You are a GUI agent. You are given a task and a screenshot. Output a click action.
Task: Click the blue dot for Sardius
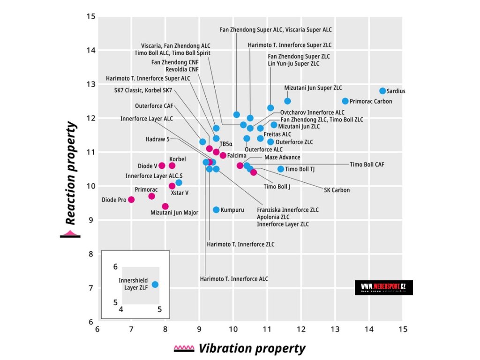(382, 91)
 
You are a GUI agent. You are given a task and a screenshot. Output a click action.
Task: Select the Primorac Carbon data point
(345, 101)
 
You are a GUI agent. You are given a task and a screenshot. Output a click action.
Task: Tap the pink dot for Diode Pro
(131, 200)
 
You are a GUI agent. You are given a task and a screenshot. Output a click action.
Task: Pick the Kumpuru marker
(216, 210)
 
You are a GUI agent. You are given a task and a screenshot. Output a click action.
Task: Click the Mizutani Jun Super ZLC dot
(287, 101)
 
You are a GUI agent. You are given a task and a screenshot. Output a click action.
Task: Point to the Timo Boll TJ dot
(281, 169)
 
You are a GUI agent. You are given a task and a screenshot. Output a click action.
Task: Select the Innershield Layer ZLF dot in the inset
(155, 285)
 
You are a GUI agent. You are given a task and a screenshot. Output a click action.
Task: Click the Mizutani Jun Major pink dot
(165, 206)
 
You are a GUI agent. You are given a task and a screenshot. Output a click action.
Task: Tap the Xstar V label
(180, 193)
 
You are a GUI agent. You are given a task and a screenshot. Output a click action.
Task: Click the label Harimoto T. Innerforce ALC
(234, 279)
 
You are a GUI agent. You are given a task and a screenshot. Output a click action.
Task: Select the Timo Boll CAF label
(367, 165)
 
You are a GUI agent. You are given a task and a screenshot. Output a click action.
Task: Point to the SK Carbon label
(337, 190)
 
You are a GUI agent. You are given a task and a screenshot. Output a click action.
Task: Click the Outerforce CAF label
(154, 106)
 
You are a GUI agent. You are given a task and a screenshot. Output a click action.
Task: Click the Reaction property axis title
(70, 173)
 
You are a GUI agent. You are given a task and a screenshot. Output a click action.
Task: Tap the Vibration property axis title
(252, 349)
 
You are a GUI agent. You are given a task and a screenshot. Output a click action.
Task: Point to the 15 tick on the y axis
(91, 17)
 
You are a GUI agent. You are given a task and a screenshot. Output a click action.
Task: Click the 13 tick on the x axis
(335, 329)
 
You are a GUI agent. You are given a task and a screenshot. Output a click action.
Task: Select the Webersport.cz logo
(383, 287)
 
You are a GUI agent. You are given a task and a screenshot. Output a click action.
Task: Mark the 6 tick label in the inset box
(115, 267)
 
